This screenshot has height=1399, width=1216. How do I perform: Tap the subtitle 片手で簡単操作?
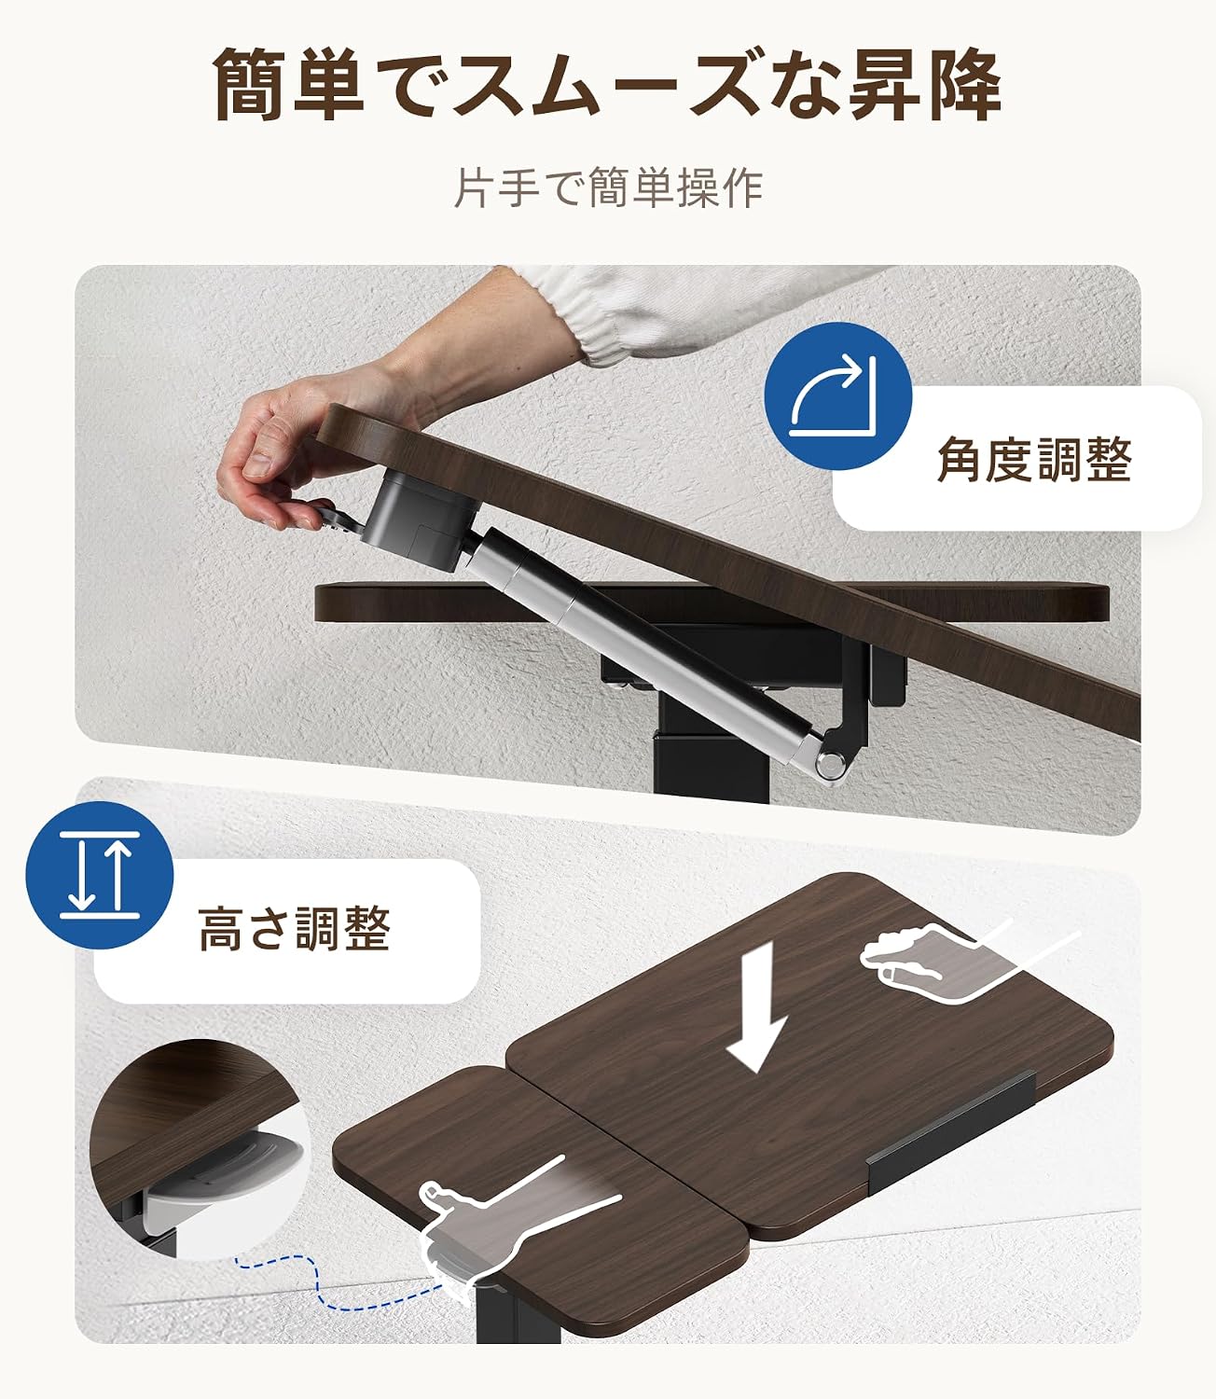click(x=608, y=187)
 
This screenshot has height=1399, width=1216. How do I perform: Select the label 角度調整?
click(x=1034, y=460)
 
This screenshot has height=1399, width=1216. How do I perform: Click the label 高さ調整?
click(x=294, y=930)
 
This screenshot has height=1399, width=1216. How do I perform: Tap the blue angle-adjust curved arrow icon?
click(x=838, y=395)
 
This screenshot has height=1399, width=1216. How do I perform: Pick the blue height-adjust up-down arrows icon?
click(x=100, y=875)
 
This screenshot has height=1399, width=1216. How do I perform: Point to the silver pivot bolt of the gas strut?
click(x=831, y=763)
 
